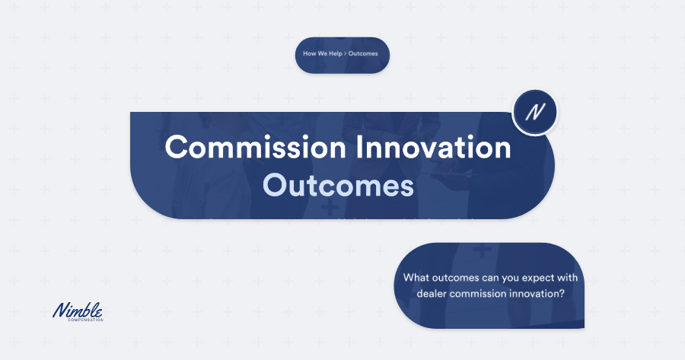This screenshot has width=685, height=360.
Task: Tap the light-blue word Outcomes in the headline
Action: tap(338, 185)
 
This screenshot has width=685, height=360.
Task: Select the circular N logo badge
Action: tap(534, 112)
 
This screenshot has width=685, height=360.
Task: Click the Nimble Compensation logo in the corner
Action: tap(78, 311)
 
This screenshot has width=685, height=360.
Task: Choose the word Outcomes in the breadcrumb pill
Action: tap(363, 54)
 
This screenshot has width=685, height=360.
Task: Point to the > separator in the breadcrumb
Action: tap(345, 54)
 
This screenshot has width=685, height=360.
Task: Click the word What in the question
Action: tap(416, 278)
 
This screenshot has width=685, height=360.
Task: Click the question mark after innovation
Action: tap(561, 293)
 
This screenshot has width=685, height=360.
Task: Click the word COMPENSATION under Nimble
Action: tap(84, 320)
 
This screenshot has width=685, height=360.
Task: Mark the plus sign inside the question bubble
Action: tap(481, 250)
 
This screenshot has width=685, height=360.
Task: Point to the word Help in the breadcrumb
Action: tap(333, 54)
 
